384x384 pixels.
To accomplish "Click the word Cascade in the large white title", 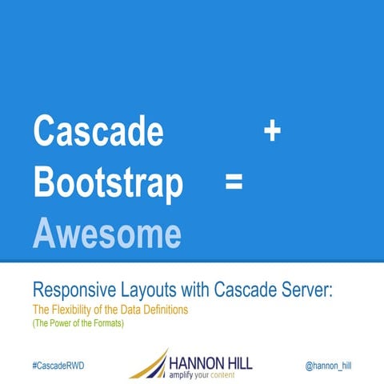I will [x=98, y=132].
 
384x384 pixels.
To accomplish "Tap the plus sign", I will [x=272, y=132].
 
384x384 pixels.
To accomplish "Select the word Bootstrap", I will [x=108, y=183].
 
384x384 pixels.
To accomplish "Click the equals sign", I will [x=234, y=183].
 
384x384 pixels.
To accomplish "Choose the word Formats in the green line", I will [x=111, y=324].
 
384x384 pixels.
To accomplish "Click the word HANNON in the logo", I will [x=195, y=362].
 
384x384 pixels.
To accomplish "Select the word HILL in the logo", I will [x=238, y=362].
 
